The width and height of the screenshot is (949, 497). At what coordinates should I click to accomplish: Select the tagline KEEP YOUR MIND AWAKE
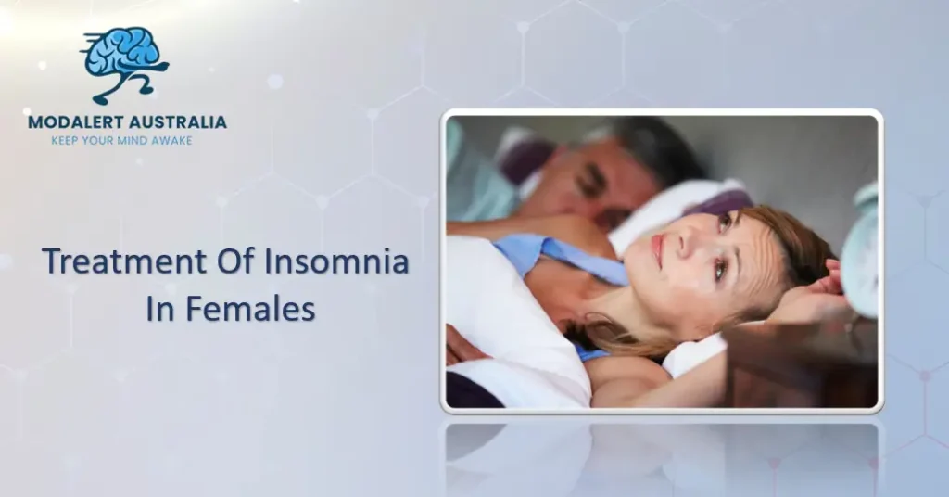pyautogui.click(x=126, y=141)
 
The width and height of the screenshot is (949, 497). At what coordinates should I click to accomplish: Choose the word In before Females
pyautogui.click(x=161, y=311)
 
